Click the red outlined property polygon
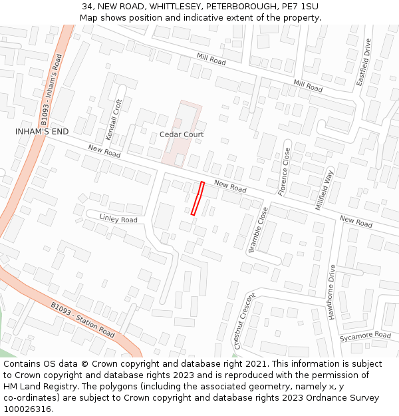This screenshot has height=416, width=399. pos(198,198)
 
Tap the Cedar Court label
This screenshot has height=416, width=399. pos(182,134)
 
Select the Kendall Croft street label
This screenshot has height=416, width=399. pos(114,115)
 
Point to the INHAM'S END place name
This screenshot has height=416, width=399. pos(42,132)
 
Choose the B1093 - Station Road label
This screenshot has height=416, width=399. pos(83,319)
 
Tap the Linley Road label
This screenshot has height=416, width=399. pos(118,219)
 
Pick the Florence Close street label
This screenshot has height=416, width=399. pos(284,172)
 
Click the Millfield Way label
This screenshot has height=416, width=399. pos(325,190)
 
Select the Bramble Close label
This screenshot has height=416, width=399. pos(258,230)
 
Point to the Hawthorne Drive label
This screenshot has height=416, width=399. pos(331,292)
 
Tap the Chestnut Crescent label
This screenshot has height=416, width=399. pos(244,321)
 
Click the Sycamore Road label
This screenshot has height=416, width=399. pos(365,336)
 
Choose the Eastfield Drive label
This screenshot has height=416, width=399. pos(364,62)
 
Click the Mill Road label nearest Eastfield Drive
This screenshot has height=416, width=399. pos(308,87)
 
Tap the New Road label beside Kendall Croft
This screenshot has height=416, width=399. pos(104,152)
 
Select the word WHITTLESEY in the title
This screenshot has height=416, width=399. pos(171,7)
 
